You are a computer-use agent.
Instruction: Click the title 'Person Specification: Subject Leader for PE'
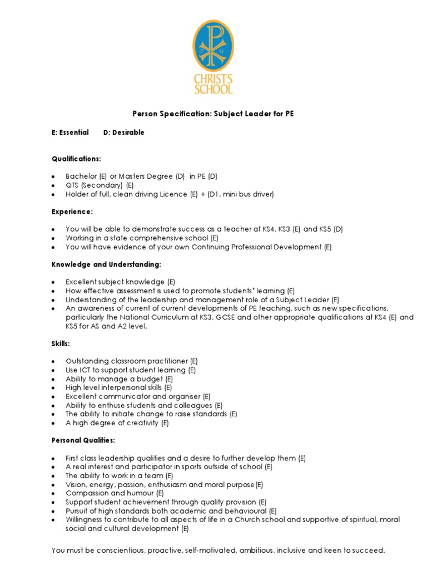click(213, 114)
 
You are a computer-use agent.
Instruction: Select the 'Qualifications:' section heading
click(76, 159)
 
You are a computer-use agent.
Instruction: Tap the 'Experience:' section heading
click(72, 212)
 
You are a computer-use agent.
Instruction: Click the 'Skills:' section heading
click(61, 344)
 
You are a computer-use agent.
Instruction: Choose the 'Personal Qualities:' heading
click(83, 440)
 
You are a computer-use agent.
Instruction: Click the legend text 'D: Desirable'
click(124, 132)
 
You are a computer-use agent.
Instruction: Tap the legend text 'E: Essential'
click(70, 132)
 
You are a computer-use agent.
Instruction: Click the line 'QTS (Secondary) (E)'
click(100, 185)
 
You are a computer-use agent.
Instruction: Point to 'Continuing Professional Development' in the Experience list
click(256, 247)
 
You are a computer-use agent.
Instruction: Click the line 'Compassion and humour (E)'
click(115, 493)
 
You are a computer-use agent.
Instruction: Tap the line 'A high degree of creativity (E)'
click(117, 423)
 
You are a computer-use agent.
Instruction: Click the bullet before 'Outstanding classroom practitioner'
click(53, 361)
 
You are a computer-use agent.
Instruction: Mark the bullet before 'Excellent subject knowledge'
click(53, 282)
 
